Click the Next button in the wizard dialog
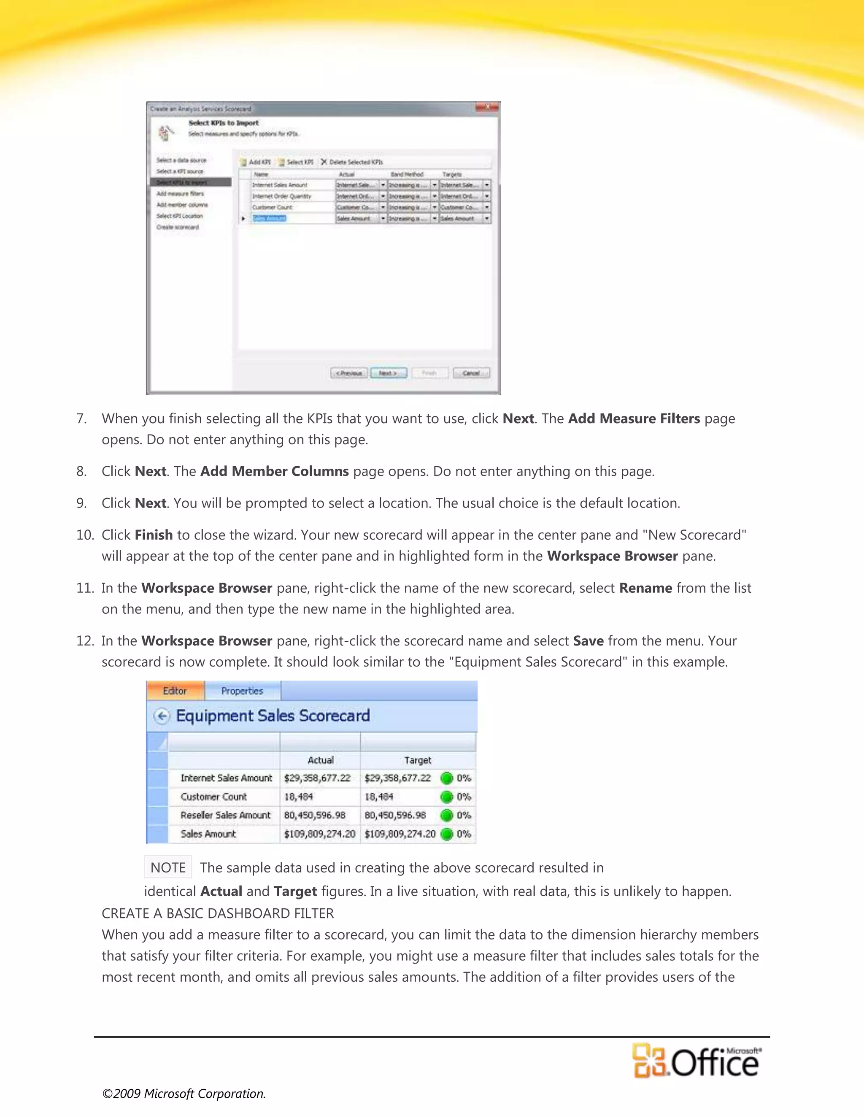click(389, 373)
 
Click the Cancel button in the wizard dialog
click(471, 373)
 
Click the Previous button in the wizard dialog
click(348, 373)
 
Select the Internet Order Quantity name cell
click(281, 197)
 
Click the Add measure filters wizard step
click(180, 194)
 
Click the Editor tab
click(175, 691)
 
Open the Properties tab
click(242, 691)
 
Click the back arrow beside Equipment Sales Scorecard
click(162, 716)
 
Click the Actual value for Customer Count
click(298, 797)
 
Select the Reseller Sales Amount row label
click(225, 816)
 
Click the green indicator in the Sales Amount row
click(447, 834)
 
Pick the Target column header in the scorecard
click(418, 761)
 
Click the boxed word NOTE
click(168, 868)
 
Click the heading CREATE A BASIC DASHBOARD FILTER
click(218, 913)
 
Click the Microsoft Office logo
click(696, 1061)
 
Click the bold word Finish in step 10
click(154, 535)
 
